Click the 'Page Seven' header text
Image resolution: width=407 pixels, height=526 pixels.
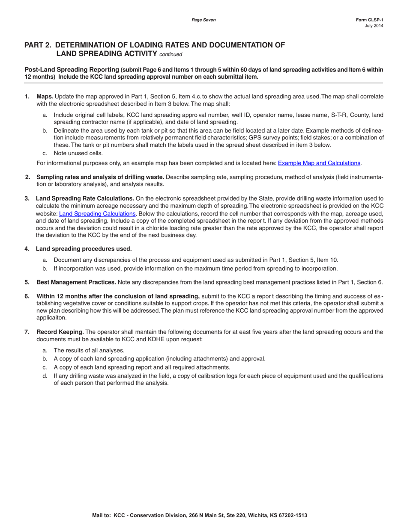coord(203,20)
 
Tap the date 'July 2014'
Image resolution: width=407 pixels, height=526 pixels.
coord(374,26)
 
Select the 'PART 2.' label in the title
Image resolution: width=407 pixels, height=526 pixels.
coord(38,45)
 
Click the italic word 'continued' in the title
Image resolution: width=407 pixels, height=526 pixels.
coord(171,54)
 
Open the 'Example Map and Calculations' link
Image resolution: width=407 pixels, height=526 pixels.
coord(319,163)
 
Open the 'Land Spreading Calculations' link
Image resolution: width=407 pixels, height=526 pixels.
coord(97,213)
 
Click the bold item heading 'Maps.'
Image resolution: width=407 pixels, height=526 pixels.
coord(45,97)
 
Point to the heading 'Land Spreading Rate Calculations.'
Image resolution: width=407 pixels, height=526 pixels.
coord(85,198)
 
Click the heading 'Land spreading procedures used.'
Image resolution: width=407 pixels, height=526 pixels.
coord(84,249)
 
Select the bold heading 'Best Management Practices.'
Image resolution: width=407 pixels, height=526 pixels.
coord(76,282)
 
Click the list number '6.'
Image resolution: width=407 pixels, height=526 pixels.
coord(27,296)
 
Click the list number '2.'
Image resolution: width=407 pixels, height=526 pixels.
coord(28,177)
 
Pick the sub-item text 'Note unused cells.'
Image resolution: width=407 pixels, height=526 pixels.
coord(78,153)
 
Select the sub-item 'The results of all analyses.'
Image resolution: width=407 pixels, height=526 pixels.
coord(89,350)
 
